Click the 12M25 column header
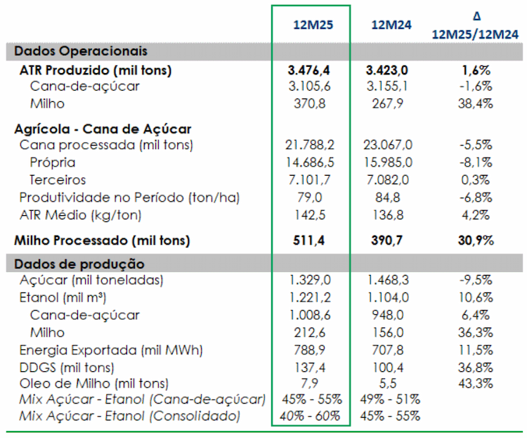click(x=313, y=25)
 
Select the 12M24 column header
click(x=391, y=25)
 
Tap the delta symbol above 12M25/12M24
click(x=476, y=16)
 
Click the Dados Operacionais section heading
click(x=81, y=51)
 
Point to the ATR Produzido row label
click(x=96, y=70)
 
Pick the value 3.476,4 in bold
click(x=309, y=70)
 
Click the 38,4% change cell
click(x=475, y=103)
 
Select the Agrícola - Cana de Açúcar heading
click(x=103, y=129)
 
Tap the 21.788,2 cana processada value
click(x=310, y=145)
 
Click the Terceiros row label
click(x=58, y=180)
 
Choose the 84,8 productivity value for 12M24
click(x=387, y=198)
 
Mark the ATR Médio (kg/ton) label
click(x=80, y=215)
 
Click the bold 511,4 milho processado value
click(x=308, y=240)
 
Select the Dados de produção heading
click(x=79, y=264)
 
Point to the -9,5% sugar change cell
click(x=476, y=280)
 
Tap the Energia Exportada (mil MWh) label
click(x=111, y=350)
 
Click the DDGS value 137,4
click(x=310, y=368)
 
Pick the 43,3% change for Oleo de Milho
click(x=475, y=383)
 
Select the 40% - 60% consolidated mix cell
click(x=310, y=416)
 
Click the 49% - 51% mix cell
click(x=390, y=399)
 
